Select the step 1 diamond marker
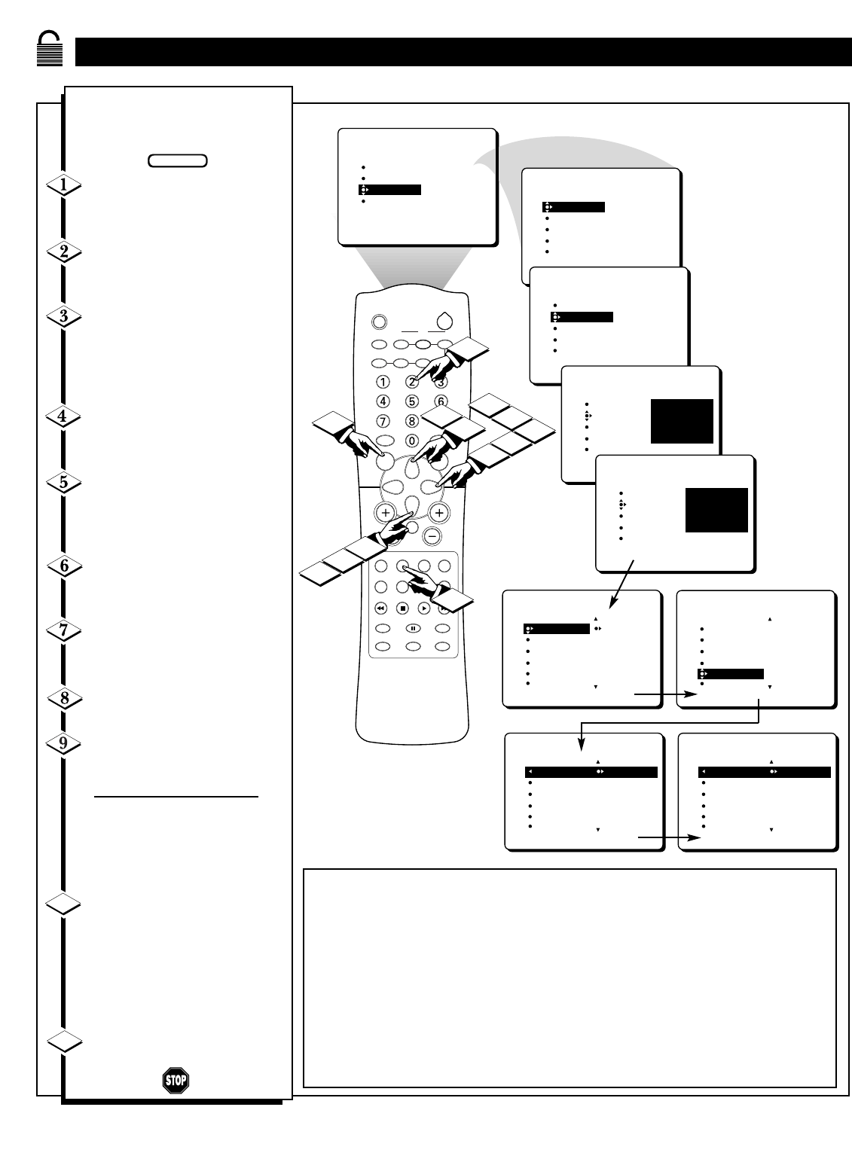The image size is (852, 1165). (64, 185)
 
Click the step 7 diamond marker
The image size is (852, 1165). (64, 631)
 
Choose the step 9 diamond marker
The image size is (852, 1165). (64, 744)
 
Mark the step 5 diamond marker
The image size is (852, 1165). (64, 483)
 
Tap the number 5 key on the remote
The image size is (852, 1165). (412, 401)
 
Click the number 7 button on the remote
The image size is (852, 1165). (383, 421)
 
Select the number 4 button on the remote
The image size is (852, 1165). (383, 401)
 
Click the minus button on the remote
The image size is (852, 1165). (432, 535)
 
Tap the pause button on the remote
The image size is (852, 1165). (413, 627)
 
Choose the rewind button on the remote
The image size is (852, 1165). (381, 607)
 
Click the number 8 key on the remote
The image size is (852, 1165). (412, 421)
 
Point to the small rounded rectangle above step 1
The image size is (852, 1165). (178, 160)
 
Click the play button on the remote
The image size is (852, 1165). (425, 607)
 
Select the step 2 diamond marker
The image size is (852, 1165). (64, 252)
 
